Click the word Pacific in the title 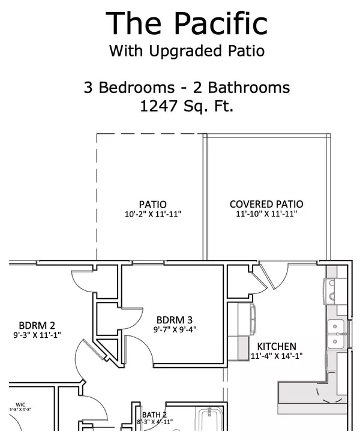click(x=221, y=23)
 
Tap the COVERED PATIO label click(x=266, y=204)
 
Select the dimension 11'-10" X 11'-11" click(x=266, y=214)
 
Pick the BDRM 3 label click(x=174, y=320)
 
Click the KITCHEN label click(x=276, y=346)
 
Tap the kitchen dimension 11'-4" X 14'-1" click(x=276, y=356)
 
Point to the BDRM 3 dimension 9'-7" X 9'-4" click(x=174, y=329)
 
